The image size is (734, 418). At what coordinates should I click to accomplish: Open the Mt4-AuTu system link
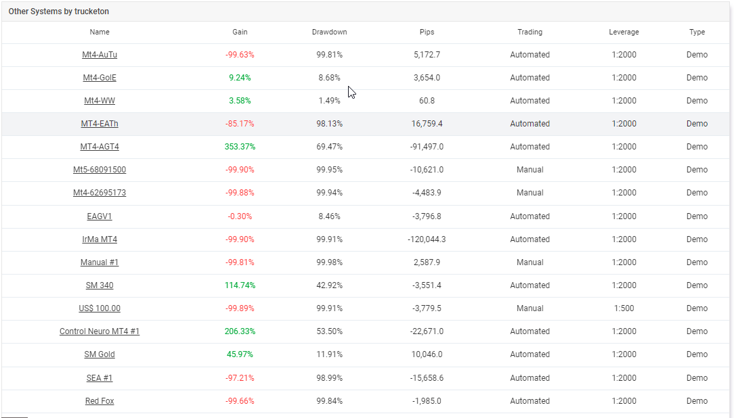100,55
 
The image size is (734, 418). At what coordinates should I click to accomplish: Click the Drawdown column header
330,32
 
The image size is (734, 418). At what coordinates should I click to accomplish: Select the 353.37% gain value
240,147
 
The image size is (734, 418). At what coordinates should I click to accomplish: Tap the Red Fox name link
100,401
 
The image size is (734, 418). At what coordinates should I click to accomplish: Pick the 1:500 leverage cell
624,308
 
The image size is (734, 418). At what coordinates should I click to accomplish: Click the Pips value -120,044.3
427,239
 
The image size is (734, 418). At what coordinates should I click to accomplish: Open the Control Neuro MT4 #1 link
100,331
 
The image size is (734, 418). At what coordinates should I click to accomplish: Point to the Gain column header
240,32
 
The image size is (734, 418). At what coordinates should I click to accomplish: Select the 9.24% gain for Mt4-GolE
240,78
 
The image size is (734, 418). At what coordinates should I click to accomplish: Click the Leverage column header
624,32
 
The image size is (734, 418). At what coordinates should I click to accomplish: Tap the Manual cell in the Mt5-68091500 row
530,170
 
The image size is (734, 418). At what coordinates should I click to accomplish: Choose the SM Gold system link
100,354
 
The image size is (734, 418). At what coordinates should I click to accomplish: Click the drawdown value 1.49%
330,101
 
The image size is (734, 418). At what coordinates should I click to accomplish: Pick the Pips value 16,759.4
427,124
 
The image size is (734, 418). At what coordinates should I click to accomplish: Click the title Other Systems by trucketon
58,11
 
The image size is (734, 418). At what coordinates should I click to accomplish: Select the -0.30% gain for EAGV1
240,216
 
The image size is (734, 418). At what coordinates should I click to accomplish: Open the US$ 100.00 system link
100,308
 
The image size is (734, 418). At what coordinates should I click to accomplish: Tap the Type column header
697,32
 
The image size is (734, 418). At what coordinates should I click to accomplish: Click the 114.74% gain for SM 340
240,285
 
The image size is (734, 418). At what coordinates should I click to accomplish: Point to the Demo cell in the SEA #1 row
697,378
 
